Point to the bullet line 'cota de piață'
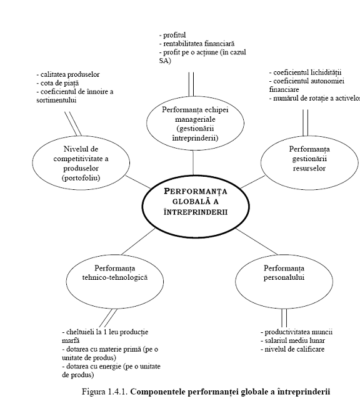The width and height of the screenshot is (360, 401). tap(57, 83)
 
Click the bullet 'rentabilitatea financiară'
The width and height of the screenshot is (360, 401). tap(197, 44)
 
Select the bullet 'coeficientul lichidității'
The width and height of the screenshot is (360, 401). tap(305, 72)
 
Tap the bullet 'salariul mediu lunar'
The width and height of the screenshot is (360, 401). tap(292, 340)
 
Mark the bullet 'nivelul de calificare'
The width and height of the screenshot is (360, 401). tap(292, 349)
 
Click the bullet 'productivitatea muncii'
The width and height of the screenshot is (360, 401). tap(296, 332)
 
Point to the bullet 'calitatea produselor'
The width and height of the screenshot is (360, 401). tap(67, 74)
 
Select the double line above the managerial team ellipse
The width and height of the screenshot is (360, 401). tap(191, 84)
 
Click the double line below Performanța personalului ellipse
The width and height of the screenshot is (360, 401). tap(284, 318)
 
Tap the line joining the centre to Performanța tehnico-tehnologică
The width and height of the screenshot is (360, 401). tap(138, 242)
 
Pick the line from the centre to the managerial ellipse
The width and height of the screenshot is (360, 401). tap(193, 162)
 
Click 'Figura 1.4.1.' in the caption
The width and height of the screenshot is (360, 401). tap(104, 392)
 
